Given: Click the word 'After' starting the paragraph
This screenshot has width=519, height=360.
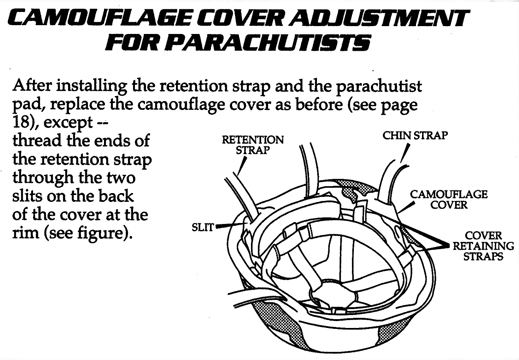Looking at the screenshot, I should click(39, 85).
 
